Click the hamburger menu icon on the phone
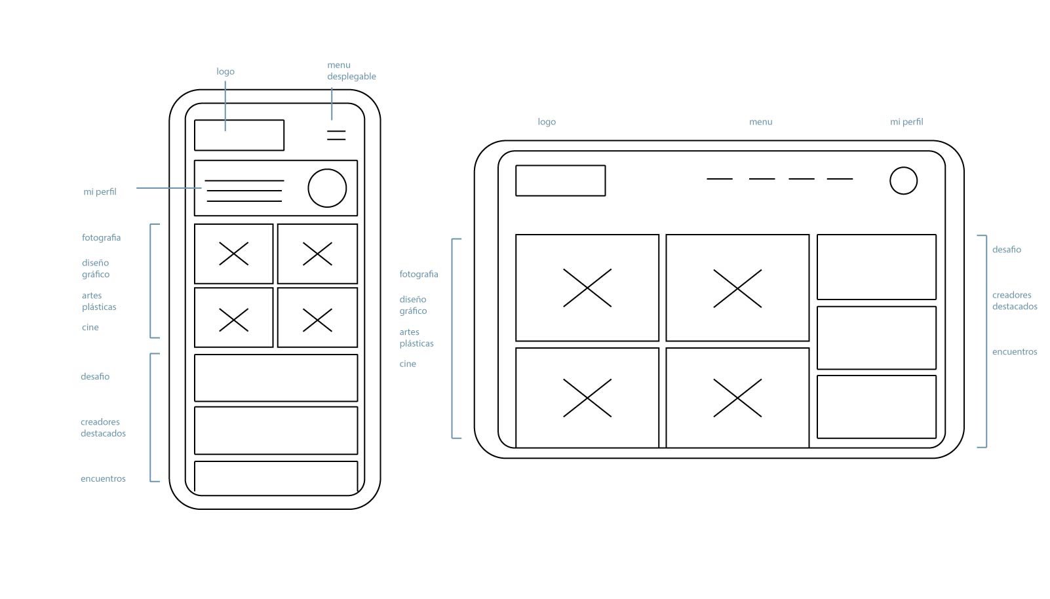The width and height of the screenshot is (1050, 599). [336, 136]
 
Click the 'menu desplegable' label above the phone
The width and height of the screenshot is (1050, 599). [351, 70]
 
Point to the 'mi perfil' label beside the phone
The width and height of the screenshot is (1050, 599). [100, 192]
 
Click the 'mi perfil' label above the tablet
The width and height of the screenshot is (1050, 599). [906, 122]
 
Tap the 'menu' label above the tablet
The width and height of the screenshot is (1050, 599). [760, 122]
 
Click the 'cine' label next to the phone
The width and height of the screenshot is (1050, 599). [90, 327]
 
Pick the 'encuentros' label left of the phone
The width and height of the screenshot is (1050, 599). [103, 478]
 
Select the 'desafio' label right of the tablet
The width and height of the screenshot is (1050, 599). [1006, 249]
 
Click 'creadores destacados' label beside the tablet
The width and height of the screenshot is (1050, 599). [1015, 300]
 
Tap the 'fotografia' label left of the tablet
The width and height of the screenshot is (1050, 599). [419, 274]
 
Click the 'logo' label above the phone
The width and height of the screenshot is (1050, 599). [225, 71]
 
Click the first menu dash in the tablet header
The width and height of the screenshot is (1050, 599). [720, 178]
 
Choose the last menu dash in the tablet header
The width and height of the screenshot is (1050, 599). [840, 178]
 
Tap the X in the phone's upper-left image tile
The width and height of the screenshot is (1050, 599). [233, 254]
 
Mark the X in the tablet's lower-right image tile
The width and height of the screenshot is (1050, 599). [737, 398]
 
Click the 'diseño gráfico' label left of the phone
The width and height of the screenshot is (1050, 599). [96, 269]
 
